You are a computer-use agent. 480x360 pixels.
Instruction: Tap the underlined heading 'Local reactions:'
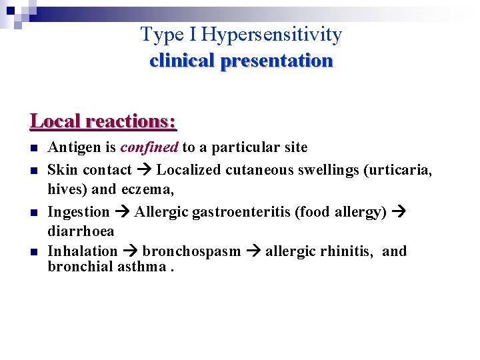pos(103,121)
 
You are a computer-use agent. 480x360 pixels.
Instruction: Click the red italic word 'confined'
pos(149,147)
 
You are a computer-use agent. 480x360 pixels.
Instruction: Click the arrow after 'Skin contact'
pos(144,170)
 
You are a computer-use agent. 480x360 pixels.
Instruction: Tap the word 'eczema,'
pos(147,189)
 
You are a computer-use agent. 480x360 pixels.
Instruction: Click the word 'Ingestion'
pos(79,212)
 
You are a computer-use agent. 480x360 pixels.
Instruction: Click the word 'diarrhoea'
pos(81,231)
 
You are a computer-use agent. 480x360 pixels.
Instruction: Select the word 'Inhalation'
pos(82,251)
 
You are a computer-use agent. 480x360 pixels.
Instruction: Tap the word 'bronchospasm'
pos(191,251)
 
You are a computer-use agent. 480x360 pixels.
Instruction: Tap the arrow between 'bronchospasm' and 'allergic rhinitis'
pos(253,251)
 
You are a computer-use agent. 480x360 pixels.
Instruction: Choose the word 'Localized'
pos(189,170)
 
